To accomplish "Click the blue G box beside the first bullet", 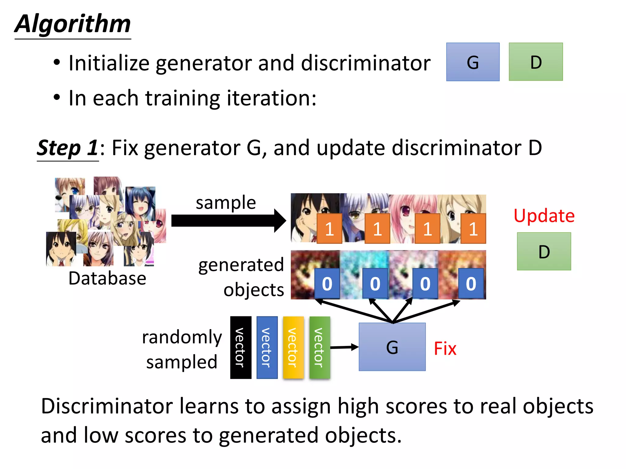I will [x=473, y=62].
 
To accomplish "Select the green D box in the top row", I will [x=536, y=62].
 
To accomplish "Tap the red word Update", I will [x=544, y=216].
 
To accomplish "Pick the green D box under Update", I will [x=544, y=251].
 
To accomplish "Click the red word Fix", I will [x=445, y=348].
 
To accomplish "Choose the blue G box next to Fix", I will [x=392, y=347].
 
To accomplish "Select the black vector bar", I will [x=241, y=347].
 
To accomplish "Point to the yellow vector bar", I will [x=293, y=347].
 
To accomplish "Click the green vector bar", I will [x=319, y=347].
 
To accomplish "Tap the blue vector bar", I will [x=267, y=347].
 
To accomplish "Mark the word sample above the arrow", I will [x=226, y=203].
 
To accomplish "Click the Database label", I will [x=107, y=278].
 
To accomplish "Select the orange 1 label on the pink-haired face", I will [x=427, y=228].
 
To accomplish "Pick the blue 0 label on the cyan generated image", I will [x=375, y=284].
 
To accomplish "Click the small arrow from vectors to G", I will [x=344, y=347].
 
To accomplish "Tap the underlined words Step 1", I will [x=68, y=148].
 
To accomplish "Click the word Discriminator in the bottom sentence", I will [x=107, y=406].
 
